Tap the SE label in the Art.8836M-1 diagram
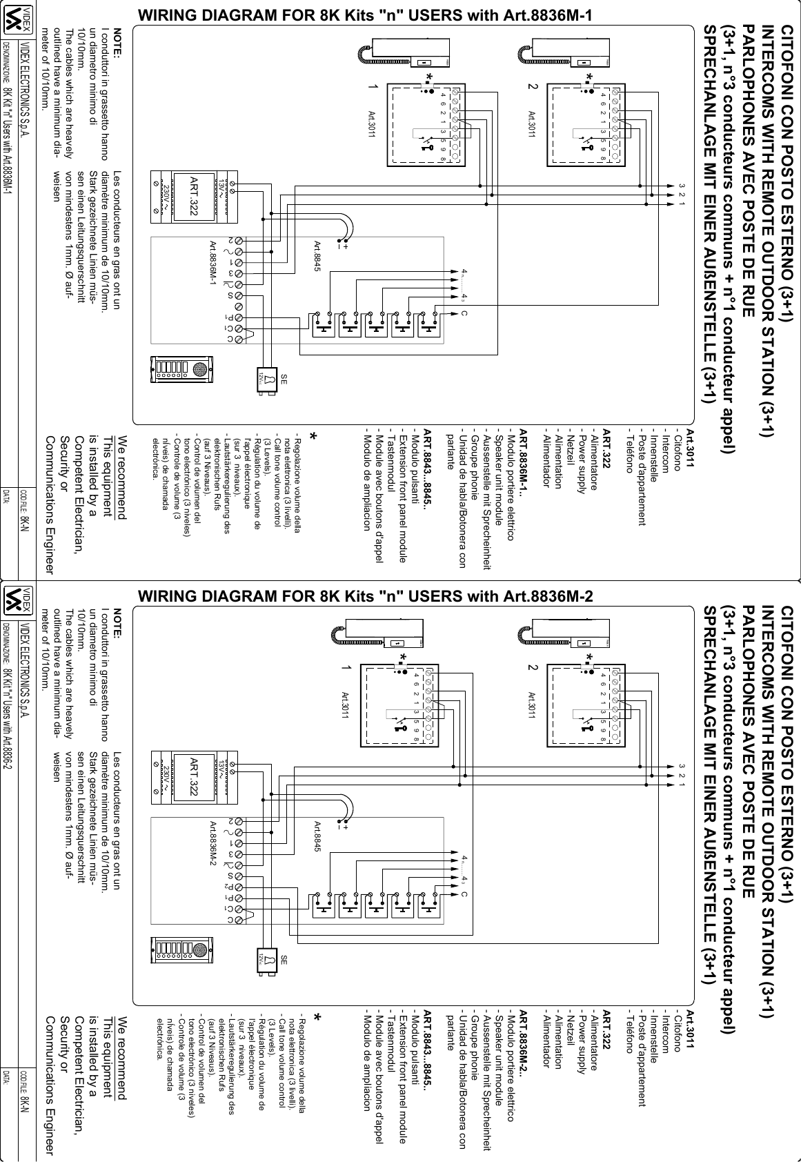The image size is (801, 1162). [283, 380]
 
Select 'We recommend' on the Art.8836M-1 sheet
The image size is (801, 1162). [122, 476]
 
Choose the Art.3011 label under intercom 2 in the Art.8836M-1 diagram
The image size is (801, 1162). [532, 124]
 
